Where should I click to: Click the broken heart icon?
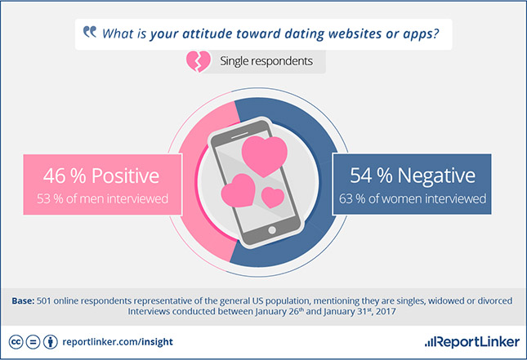point(199,61)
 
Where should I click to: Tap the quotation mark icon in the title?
point(90,32)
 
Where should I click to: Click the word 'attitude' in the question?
point(207,33)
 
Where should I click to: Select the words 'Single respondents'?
point(266,60)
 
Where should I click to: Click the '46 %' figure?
point(65,176)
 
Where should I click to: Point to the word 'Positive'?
point(125,176)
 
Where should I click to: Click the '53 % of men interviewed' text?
point(102,198)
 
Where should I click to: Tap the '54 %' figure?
point(371,176)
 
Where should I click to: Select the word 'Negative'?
point(436,176)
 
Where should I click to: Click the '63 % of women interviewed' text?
point(413,198)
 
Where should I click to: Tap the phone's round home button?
point(272,230)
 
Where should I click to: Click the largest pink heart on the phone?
point(265,156)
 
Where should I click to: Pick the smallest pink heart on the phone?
point(273,197)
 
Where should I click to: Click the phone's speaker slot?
point(239,135)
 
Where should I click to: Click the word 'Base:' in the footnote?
point(23,300)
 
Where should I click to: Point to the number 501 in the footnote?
point(43,300)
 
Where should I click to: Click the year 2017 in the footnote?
point(386,311)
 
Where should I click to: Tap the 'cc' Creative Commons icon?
point(16,342)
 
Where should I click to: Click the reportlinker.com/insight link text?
point(118,342)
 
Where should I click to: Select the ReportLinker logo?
point(472,342)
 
